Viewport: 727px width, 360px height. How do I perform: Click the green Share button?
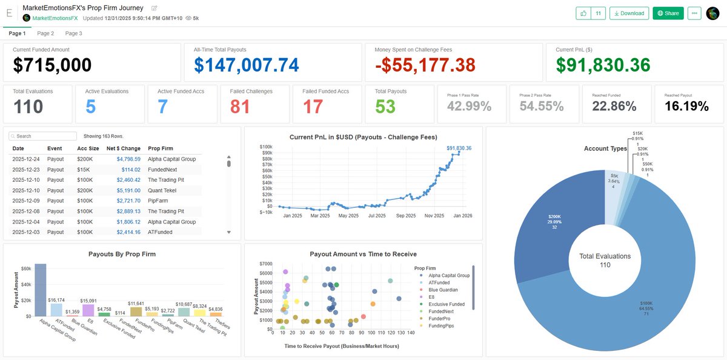668,13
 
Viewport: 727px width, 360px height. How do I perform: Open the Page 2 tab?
45,33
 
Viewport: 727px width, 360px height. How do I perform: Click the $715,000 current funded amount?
53,65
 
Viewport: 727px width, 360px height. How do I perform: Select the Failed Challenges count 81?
241,106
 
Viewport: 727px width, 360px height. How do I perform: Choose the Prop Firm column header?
161,148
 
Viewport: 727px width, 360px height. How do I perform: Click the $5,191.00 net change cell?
128,190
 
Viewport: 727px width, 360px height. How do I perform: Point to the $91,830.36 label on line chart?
459,148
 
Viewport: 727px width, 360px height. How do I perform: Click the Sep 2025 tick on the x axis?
406,215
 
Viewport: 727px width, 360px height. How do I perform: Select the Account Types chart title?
605,148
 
